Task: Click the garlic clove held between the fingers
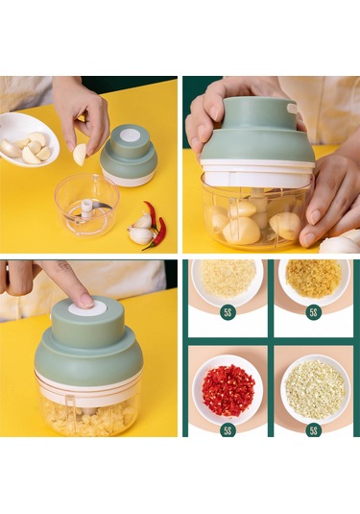click(80, 155)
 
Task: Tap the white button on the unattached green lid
click(129, 135)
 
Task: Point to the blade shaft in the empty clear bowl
click(86, 208)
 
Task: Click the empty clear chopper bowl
click(86, 205)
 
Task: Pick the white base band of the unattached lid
click(128, 179)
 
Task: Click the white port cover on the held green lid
click(291, 109)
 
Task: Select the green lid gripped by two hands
click(257, 131)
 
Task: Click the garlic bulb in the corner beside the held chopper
click(341, 243)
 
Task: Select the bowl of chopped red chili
click(228, 389)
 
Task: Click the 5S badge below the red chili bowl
click(228, 430)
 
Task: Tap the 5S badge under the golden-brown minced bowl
click(314, 312)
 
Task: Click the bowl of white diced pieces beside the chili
click(314, 389)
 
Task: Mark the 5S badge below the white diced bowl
click(314, 430)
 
